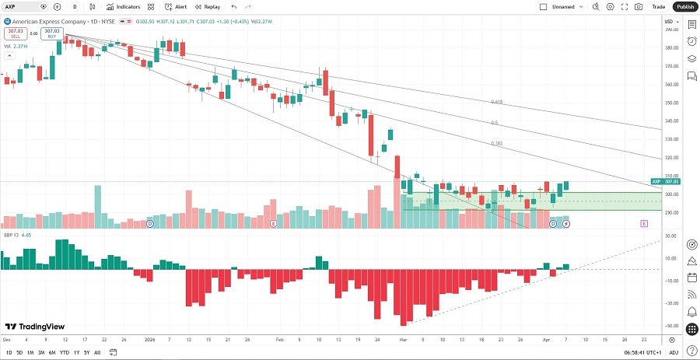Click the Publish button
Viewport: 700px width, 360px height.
(684, 6)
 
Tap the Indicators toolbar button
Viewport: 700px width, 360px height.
(124, 6)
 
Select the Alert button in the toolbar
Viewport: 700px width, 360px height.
(176, 6)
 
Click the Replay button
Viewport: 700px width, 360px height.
(208, 6)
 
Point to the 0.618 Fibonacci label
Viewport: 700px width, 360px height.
(496, 102)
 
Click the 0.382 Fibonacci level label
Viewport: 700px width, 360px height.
(496, 143)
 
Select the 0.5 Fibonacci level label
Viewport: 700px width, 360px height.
(494, 123)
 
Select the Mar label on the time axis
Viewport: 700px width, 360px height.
(403, 340)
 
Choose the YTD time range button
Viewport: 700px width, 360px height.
(65, 352)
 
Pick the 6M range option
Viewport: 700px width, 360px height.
(52, 352)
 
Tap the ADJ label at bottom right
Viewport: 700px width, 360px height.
(674, 352)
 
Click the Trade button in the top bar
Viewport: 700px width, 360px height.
(658, 6)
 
